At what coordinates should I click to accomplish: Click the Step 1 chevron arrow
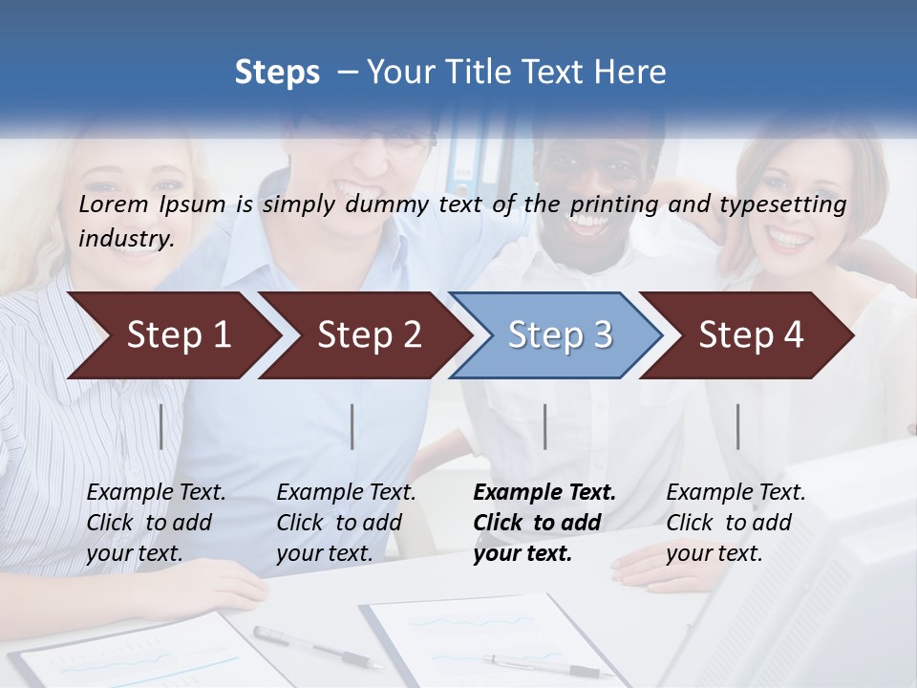click(172, 335)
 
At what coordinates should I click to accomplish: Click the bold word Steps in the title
click(277, 72)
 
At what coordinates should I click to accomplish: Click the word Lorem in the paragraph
click(114, 204)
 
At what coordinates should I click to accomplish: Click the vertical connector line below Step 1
click(161, 426)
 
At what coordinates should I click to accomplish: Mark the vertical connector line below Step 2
click(352, 426)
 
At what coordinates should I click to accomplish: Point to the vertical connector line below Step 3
click(544, 426)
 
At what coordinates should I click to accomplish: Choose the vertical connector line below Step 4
click(737, 426)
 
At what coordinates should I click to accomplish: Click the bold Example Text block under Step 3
click(544, 523)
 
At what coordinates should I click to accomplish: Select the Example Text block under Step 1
click(156, 523)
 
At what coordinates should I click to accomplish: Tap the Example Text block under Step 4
click(736, 523)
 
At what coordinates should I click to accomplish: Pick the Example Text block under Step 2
click(346, 523)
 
